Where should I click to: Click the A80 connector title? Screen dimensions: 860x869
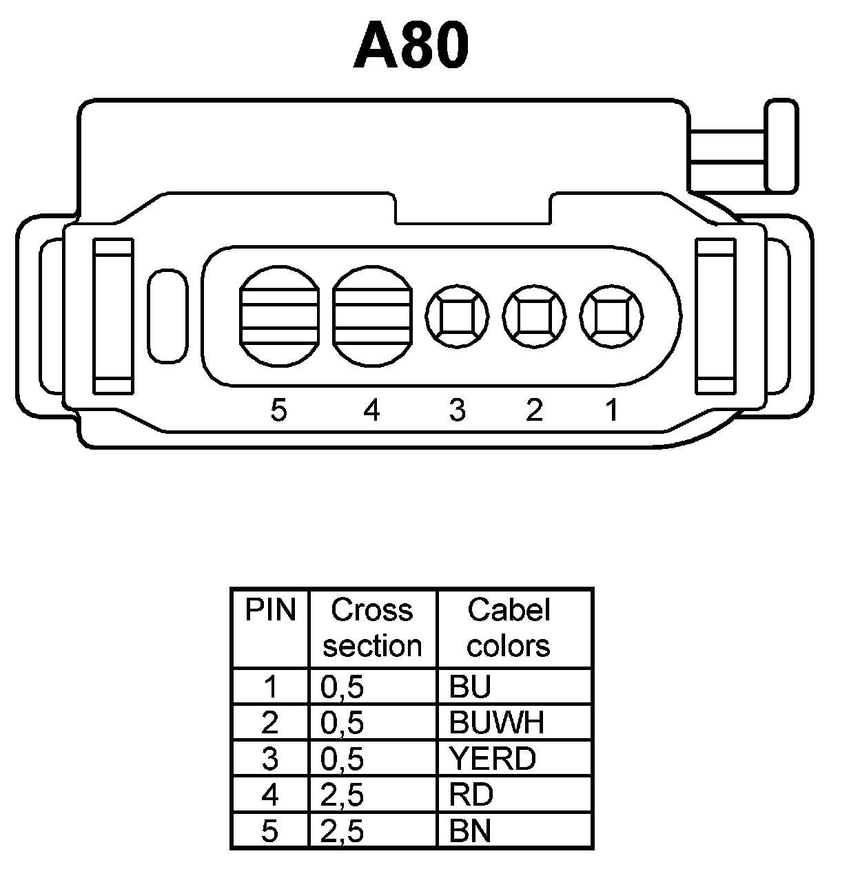[x=411, y=47]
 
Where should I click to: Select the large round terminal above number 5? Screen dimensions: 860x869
[x=280, y=315]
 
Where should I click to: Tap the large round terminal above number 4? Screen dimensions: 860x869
[x=372, y=315]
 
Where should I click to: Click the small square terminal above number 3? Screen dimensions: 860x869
[x=457, y=317]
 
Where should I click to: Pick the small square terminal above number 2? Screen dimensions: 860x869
[x=534, y=317]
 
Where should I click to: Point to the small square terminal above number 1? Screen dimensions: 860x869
[x=611, y=317]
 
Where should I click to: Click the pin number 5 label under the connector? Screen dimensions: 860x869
[x=278, y=410]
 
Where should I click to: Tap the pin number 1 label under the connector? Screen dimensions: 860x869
[x=611, y=410]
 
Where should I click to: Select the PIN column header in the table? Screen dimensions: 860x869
[x=270, y=611]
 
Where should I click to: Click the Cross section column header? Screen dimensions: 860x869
[x=372, y=628]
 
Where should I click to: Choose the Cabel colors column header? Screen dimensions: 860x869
[x=509, y=628]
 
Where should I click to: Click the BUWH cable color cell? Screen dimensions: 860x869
[x=497, y=722]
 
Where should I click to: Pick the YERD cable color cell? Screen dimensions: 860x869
[x=492, y=759]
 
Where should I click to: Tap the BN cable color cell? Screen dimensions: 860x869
[x=470, y=831]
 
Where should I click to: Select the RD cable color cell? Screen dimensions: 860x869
[x=471, y=795]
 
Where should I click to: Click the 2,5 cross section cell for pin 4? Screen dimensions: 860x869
[x=342, y=795]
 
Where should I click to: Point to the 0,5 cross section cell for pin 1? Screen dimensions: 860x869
[x=342, y=687]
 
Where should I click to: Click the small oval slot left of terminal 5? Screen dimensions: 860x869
[x=167, y=315]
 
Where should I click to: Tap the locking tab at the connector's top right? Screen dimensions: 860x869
[x=781, y=145]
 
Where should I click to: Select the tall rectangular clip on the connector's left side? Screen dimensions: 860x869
[x=113, y=315]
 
